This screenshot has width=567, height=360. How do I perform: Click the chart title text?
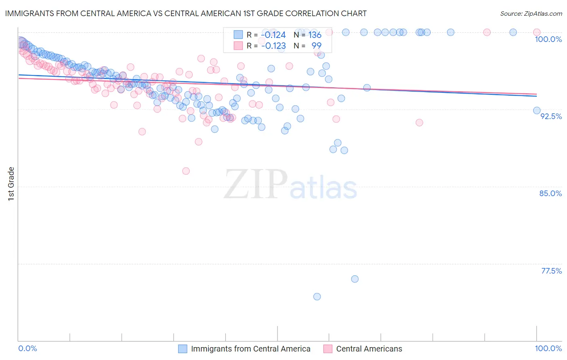tap(186, 13)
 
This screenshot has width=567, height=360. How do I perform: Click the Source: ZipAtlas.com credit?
tap(531, 14)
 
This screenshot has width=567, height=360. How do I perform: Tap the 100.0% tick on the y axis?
tap(548, 39)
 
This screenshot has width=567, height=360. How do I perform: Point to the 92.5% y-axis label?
tap(551, 116)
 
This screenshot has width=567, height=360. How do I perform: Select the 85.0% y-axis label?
tap(550, 193)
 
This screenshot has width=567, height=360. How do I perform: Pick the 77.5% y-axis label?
tap(551, 271)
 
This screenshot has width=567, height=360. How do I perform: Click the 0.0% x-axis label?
tap(28, 348)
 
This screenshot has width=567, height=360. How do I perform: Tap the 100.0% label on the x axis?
tap(548, 348)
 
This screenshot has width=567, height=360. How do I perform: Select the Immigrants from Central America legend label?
tap(250, 349)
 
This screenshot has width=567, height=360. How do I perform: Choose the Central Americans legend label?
tap(369, 349)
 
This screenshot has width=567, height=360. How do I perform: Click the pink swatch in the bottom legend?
tap(328, 349)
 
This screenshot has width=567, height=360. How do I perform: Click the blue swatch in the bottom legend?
tap(183, 349)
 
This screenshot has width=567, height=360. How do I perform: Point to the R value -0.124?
tap(273, 35)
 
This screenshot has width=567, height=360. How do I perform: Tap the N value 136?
tap(315, 35)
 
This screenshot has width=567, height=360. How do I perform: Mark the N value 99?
tap(317, 46)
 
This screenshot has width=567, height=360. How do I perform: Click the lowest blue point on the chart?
tap(317, 297)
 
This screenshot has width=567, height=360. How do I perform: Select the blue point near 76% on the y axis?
tap(355, 279)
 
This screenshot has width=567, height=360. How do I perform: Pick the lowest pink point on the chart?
tap(186, 171)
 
